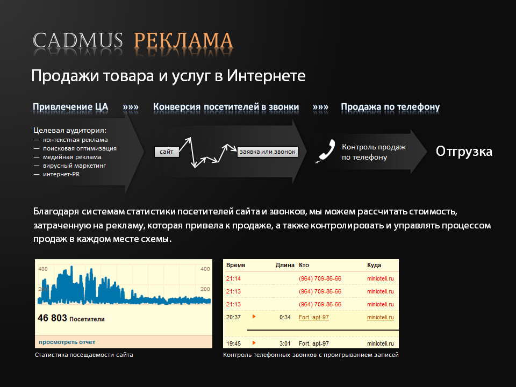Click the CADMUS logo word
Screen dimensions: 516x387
click(x=77, y=41)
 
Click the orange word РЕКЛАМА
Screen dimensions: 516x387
click(x=184, y=41)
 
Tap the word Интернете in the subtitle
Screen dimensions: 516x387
click(x=266, y=76)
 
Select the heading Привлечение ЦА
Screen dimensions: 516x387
click(x=70, y=107)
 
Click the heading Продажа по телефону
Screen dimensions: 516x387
click(x=390, y=107)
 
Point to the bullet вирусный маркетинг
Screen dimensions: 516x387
click(x=74, y=166)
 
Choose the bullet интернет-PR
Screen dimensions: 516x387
click(x=61, y=174)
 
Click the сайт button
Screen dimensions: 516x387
click(x=167, y=152)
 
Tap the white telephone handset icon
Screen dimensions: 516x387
click(x=326, y=151)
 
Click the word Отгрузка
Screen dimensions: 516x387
click(x=464, y=152)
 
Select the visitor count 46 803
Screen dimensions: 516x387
click(x=52, y=318)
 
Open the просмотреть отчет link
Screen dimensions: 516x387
click(x=67, y=342)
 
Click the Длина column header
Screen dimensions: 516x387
click(x=285, y=265)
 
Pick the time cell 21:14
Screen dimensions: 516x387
click(x=233, y=279)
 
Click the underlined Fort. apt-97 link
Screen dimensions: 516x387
click(x=313, y=317)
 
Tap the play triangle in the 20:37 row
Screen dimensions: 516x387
click(x=254, y=317)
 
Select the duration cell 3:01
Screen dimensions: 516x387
click(x=285, y=343)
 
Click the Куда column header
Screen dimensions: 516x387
click(x=374, y=265)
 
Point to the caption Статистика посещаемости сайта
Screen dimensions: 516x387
click(x=84, y=355)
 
